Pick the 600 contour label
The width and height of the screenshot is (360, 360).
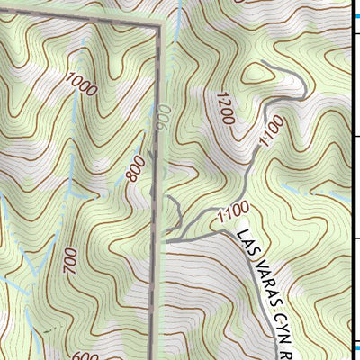84,355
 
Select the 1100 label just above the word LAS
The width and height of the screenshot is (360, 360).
233,213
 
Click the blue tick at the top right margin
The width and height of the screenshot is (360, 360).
355,15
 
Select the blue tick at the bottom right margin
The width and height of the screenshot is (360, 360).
355,347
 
